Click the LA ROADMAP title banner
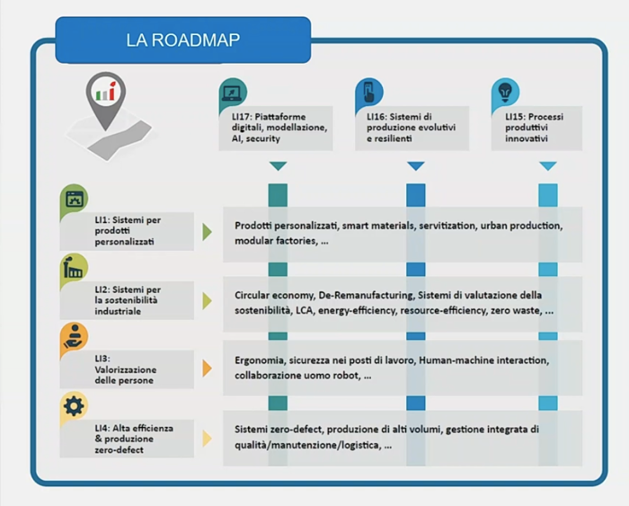[183, 40]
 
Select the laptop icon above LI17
[232, 93]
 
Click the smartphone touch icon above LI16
[368, 92]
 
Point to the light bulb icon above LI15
[505, 92]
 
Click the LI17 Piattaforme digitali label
[279, 128]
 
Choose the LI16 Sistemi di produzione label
[411, 128]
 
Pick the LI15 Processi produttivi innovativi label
[534, 128]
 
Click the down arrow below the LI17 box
[278, 165]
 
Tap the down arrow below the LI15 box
[548, 165]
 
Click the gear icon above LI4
[74, 405]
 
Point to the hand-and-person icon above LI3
[74, 336]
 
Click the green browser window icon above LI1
[75, 199]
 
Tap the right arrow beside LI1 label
[207, 232]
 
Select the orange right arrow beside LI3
[207, 368]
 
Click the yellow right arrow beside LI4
[207, 439]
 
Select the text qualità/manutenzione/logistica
[308, 446]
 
